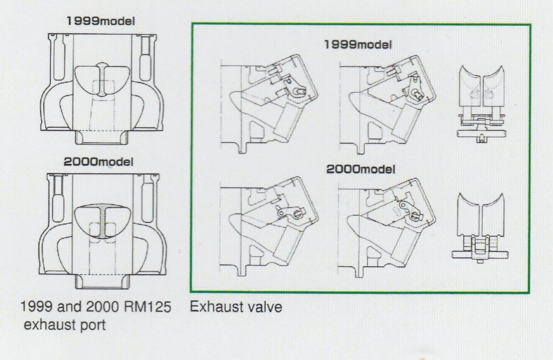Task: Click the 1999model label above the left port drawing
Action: coord(100,21)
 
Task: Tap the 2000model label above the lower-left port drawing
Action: coord(98,162)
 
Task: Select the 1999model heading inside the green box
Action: coord(358,44)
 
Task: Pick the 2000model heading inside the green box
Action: coord(360,169)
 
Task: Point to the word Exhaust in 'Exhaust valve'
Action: coord(215,307)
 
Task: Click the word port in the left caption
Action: coord(92,325)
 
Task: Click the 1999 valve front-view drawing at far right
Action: coord(482,104)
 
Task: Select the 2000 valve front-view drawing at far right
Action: coord(480,227)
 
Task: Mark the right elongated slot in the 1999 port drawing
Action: coord(145,58)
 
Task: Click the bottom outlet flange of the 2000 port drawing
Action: coord(102,282)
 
